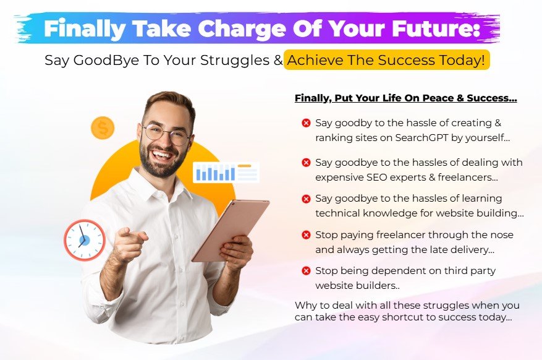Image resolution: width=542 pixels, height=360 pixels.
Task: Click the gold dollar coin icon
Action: point(103,128)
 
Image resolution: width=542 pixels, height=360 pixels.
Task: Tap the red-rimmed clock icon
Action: point(84,240)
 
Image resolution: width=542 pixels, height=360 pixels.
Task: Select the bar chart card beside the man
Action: point(226,172)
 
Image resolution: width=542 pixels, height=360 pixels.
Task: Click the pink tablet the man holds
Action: point(230,230)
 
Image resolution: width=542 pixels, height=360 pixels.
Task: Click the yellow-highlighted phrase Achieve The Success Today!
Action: point(386,60)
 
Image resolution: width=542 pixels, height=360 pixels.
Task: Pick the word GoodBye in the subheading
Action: point(106,60)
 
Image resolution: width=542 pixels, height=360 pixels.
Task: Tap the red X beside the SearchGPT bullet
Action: point(306,122)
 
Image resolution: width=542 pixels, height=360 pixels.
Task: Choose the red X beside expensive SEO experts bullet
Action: point(306,162)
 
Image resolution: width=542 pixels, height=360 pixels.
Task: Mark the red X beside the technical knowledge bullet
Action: point(306,199)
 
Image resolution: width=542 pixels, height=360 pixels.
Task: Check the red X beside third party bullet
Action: point(306,270)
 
